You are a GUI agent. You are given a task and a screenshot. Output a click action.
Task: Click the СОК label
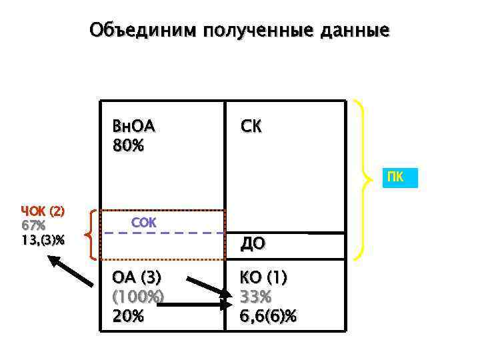point(143,223)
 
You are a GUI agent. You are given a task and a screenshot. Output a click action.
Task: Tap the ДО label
point(252,245)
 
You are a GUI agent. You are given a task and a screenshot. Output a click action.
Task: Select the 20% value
point(129,316)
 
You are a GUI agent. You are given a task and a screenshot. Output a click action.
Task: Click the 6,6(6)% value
point(269,316)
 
